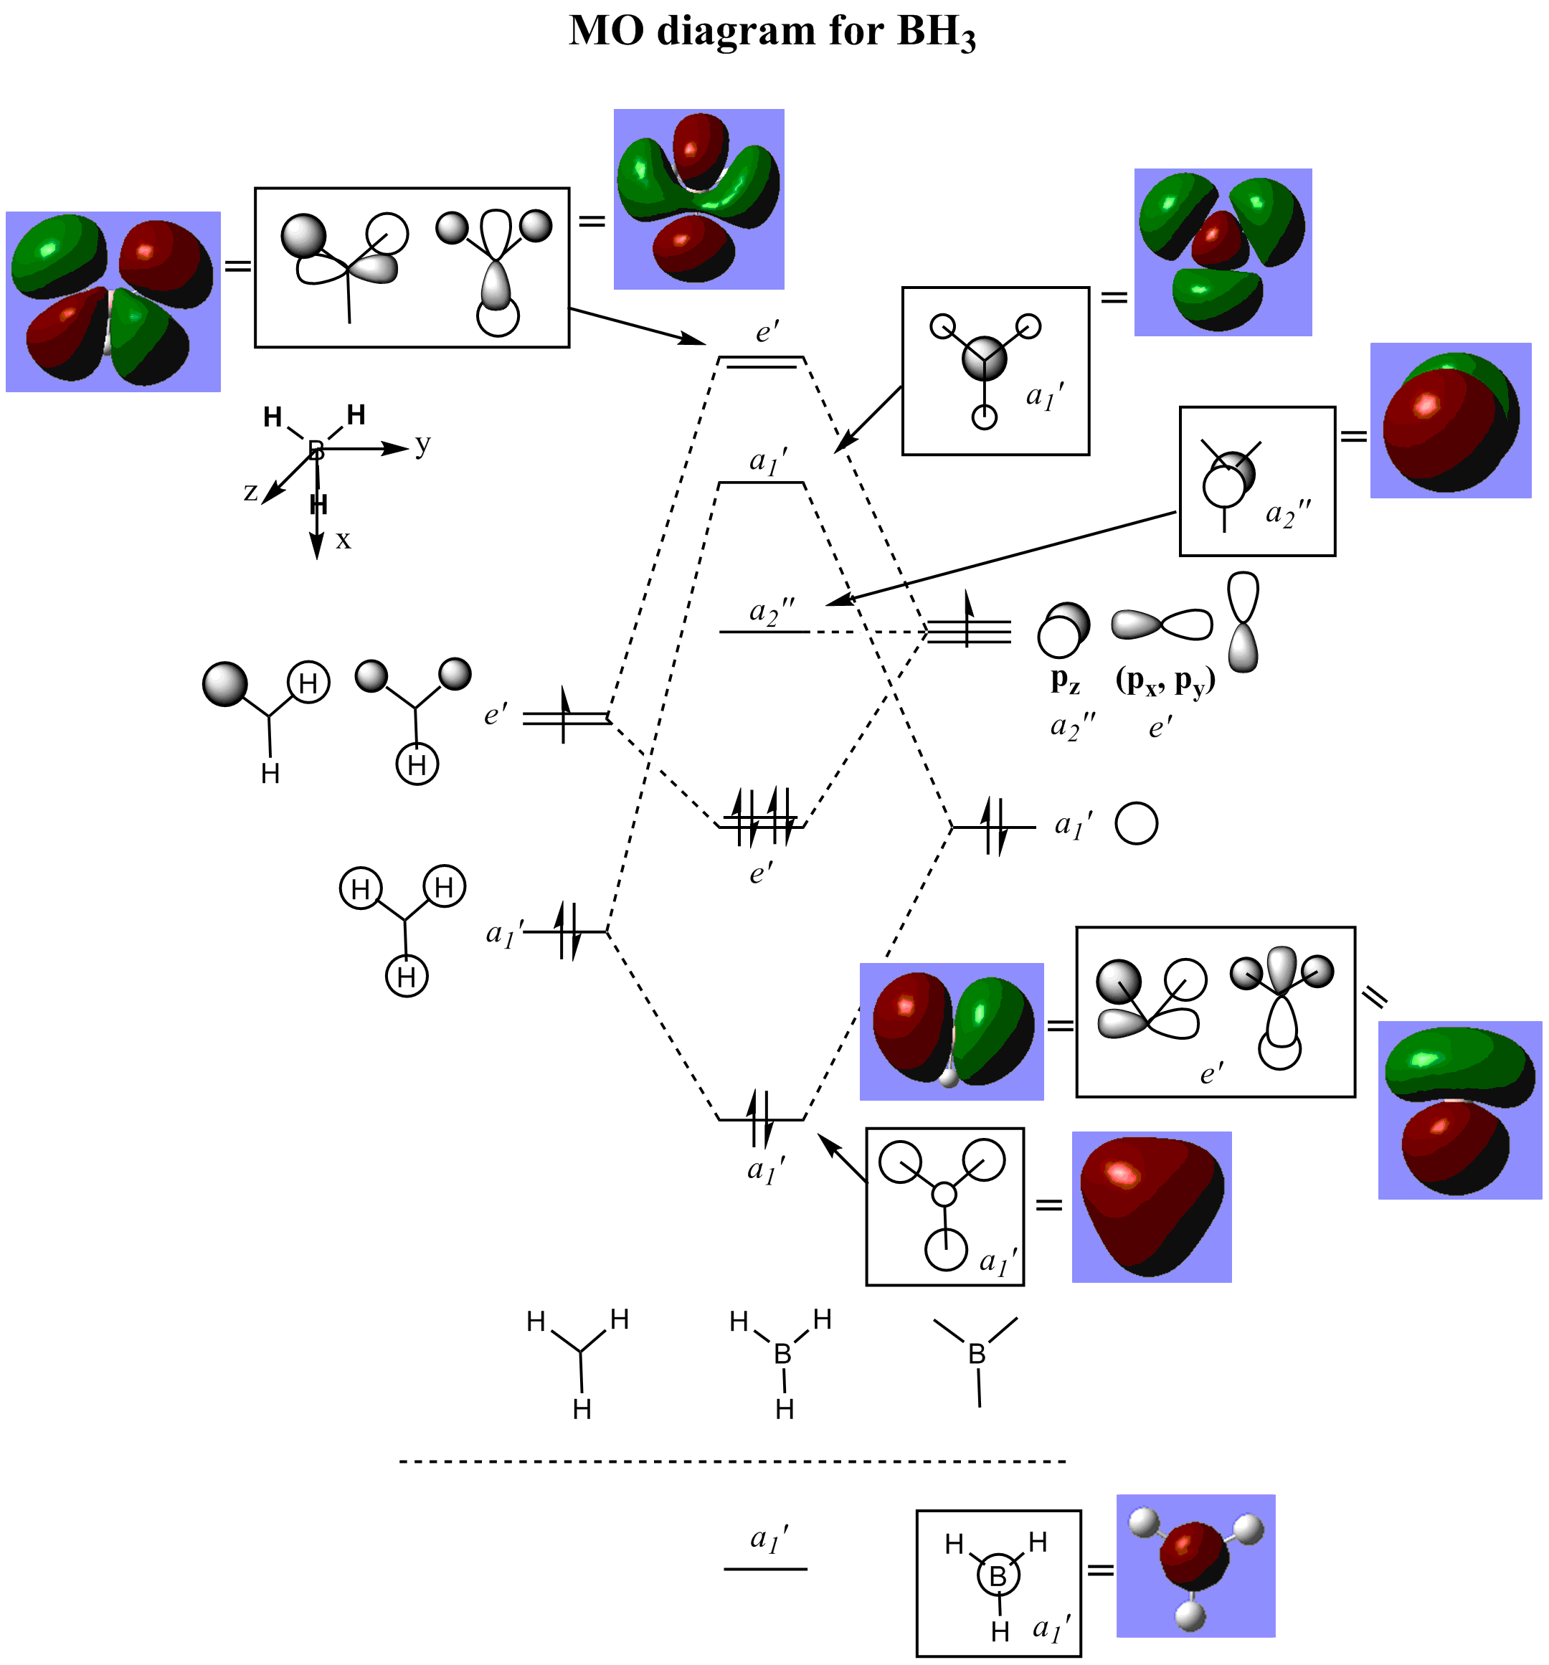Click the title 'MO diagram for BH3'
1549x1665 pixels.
[772, 32]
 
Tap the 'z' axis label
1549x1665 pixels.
[250, 492]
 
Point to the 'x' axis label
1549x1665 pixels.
[343, 540]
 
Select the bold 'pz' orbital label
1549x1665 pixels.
[1065, 680]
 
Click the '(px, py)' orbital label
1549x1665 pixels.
[1165, 680]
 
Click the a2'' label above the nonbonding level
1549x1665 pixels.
[772, 612]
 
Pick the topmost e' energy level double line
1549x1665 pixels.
[761, 362]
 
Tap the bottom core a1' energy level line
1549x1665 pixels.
[765, 1568]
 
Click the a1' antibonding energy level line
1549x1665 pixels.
[761, 483]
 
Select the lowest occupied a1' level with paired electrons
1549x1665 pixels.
[761, 1118]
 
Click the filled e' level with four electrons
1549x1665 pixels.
[761, 826]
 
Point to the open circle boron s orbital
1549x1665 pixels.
[1136, 823]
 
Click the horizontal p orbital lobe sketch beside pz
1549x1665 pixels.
[1161, 624]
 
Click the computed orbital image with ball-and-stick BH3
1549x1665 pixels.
[1195, 1565]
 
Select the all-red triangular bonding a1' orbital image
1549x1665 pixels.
[1151, 1207]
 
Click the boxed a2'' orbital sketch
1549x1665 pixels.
[1256, 482]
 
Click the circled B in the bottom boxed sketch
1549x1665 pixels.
[997, 1576]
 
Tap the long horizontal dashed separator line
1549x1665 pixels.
[732, 1461]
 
